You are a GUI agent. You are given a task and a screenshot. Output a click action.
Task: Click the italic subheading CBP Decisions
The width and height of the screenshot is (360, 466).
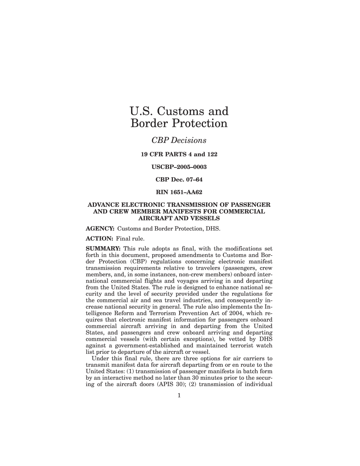179,140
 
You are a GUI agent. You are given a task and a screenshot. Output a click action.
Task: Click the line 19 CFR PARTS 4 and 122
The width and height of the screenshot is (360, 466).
179,154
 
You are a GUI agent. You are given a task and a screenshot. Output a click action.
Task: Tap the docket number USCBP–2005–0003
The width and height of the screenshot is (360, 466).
179,167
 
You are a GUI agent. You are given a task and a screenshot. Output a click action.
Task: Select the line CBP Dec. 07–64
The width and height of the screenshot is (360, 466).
179,179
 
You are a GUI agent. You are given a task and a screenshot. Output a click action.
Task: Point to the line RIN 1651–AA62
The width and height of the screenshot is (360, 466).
179,192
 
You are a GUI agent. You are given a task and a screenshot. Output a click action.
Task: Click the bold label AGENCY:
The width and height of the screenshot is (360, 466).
100,228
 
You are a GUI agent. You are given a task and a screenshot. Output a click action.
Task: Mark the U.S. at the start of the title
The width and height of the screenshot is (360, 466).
142,111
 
